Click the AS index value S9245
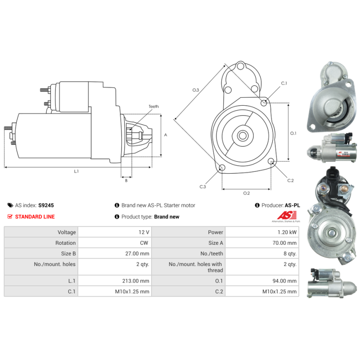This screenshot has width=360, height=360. pos(46,205)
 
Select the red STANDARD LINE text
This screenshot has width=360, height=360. pos(35,217)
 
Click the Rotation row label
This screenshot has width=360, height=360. pos(65,243)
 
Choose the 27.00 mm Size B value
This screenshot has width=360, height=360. pos(137,253)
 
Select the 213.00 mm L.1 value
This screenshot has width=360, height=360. pos(135,281)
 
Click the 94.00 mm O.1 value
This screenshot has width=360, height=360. pos(284,281)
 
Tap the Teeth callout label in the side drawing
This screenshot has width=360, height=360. pos(153,107)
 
